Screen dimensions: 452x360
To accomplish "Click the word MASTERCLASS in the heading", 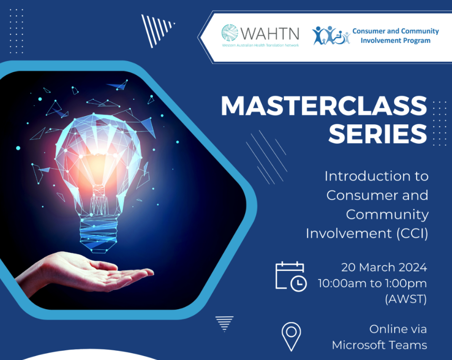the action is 324,106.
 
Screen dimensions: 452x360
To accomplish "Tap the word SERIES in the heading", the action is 378,134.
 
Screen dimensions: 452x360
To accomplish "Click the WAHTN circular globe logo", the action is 230,32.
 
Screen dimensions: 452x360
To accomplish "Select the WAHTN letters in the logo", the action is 270,33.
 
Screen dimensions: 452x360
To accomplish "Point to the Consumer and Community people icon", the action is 331,35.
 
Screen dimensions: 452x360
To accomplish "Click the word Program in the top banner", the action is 417,40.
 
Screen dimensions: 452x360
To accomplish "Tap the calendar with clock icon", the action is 291,276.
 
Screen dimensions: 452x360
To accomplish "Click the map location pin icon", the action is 291,336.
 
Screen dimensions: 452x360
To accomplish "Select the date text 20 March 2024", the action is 384,268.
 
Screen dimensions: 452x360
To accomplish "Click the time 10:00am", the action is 342,283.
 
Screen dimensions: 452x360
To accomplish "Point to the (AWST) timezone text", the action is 406,299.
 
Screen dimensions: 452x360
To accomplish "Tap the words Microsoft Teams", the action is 379,345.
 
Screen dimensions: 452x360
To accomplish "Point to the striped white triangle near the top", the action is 156,30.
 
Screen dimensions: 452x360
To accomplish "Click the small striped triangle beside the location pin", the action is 224,324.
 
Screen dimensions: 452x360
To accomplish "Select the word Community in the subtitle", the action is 387,215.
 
